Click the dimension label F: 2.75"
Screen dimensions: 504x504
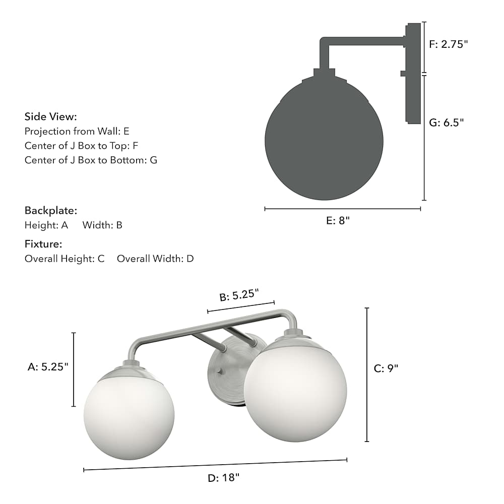pyautogui.click(x=449, y=44)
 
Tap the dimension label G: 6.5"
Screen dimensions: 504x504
pyautogui.click(x=447, y=122)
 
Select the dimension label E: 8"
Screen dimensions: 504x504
pyautogui.click(x=338, y=221)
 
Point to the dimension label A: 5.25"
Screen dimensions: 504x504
pyautogui.click(x=48, y=367)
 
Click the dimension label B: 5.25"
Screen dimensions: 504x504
pyautogui.click(x=239, y=295)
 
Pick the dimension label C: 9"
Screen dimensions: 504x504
pyautogui.click(x=386, y=368)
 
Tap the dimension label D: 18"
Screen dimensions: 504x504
pyautogui.click(x=224, y=478)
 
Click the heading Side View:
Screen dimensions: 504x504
pyautogui.click(x=51, y=116)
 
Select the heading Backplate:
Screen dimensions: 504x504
pyautogui.click(x=51, y=211)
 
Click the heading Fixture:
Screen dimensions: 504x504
pyautogui.click(x=43, y=244)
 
